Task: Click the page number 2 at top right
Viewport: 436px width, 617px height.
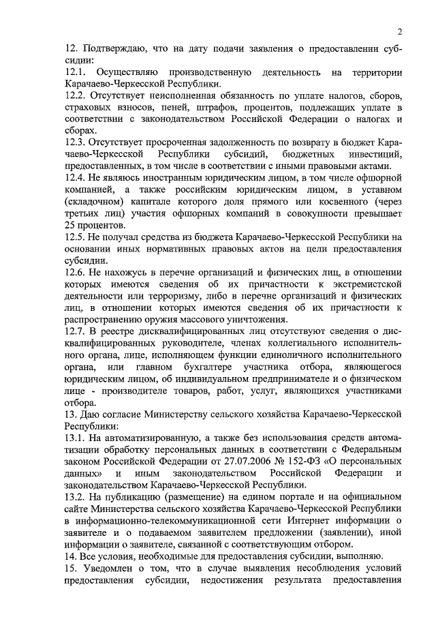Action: tap(400, 31)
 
